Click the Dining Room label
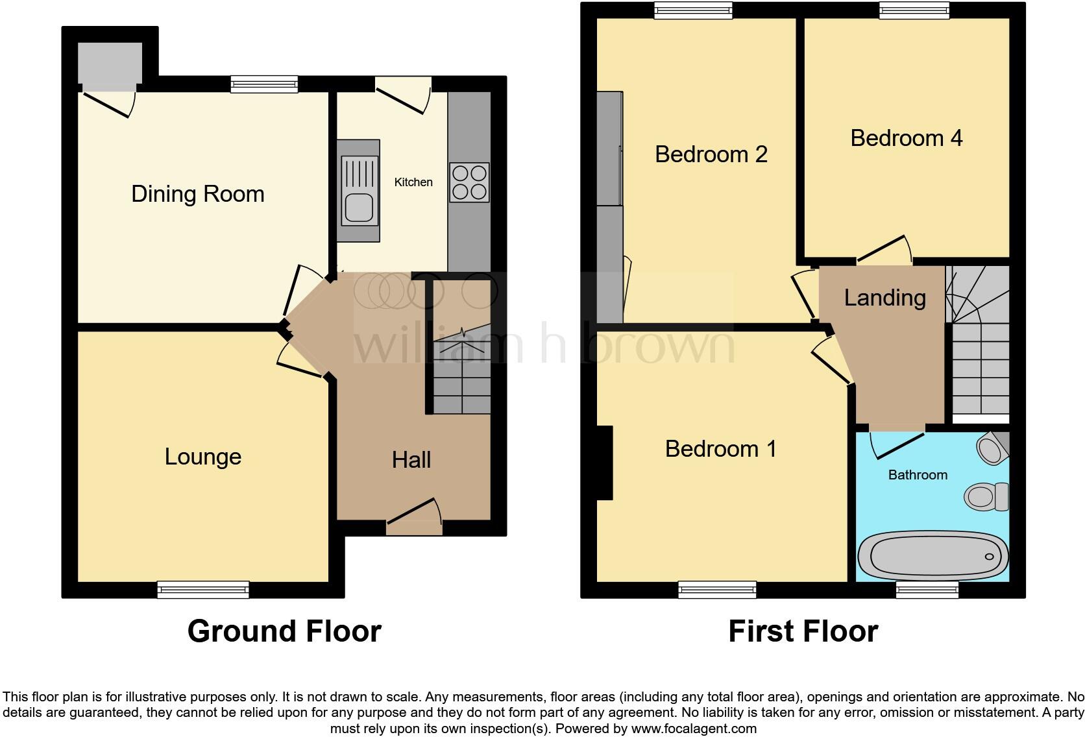pyautogui.click(x=197, y=194)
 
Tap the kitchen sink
pyautogui.click(x=359, y=191)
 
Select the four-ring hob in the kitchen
pyautogui.click(x=469, y=182)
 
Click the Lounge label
pyautogui.click(x=202, y=457)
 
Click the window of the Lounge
pyautogui.click(x=203, y=589)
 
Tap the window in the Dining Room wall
pyautogui.click(x=264, y=84)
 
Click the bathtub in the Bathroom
pyautogui.click(x=933, y=556)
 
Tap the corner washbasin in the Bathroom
pyautogui.click(x=992, y=448)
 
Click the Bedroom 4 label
pyautogui.click(x=906, y=138)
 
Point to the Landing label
pyautogui.click(x=884, y=298)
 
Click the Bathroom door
pyautogui.click(x=897, y=444)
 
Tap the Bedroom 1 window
pyautogui.click(x=717, y=589)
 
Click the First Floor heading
pyautogui.click(x=803, y=631)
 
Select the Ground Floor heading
pyautogui.click(x=284, y=631)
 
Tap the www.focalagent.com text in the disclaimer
pyautogui.click(x=693, y=729)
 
